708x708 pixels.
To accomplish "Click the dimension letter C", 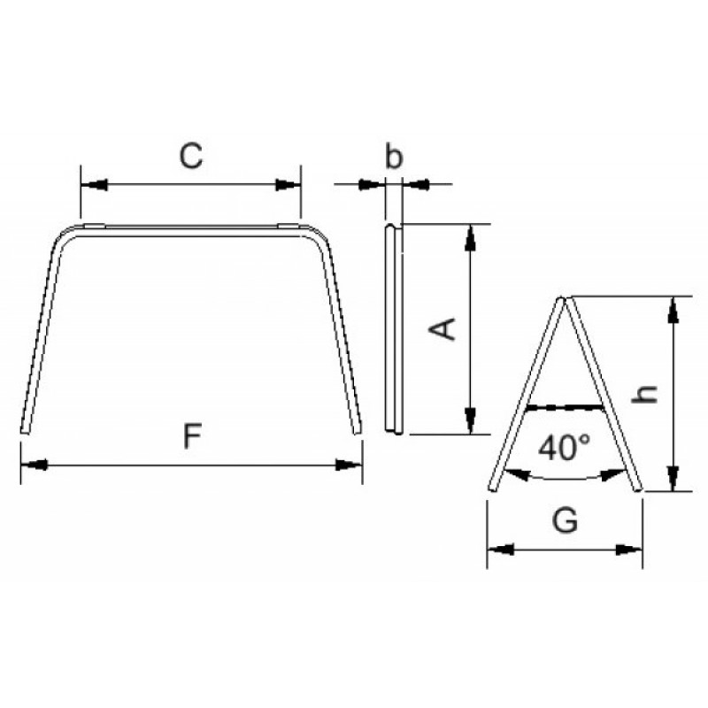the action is [x=191, y=156].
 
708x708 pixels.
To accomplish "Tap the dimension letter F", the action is [x=192, y=435].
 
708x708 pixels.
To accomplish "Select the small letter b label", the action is [x=393, y=156].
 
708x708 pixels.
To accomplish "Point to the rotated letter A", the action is [x=442, y=328].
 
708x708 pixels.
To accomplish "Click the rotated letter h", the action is [x=645, y=394].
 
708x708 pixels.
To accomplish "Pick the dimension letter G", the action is [x=565, y=520].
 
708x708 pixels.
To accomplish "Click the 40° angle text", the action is [x=565, y=448].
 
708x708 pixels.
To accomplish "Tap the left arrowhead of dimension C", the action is [x=94, y=185].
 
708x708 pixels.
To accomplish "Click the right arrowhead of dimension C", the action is [x=289, y=185].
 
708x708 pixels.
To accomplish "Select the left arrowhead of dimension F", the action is [x=35, y=465].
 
